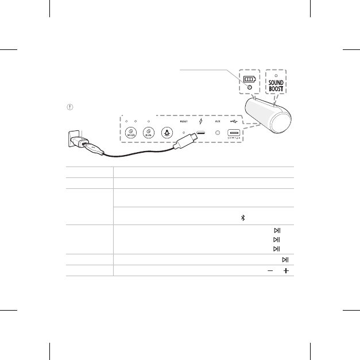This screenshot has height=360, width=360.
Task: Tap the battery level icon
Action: [248, 78]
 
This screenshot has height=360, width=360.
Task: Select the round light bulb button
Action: [168, 133]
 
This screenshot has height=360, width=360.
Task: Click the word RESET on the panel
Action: [184, 122]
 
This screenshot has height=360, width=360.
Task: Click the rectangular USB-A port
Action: [234, 133]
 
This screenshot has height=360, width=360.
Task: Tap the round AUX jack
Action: [217, 133]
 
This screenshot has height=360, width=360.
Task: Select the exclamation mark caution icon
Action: [69, 107]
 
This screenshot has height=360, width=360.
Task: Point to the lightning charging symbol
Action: [200, 122]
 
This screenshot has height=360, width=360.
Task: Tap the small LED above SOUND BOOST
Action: [276, 75]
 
